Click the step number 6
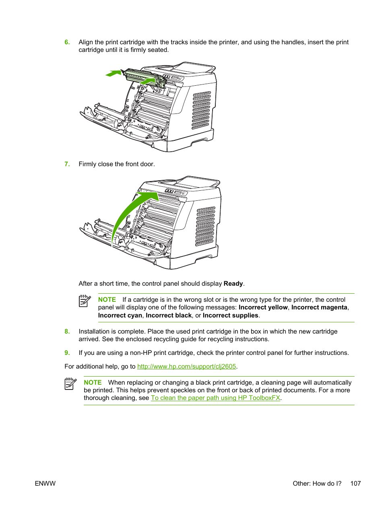67,42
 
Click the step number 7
67,164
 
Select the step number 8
67,332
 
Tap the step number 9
67,353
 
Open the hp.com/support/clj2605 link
186,367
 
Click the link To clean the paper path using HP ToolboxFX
215,398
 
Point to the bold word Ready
233,284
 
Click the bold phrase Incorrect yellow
263,307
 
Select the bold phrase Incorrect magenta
319,307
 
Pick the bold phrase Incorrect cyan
120,315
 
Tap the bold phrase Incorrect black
169,315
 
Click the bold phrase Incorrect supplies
230,315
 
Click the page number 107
355,484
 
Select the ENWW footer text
45,484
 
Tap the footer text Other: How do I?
317,484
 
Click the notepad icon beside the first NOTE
85,301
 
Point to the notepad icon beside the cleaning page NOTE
70,384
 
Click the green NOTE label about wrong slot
107,300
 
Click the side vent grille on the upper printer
201,110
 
